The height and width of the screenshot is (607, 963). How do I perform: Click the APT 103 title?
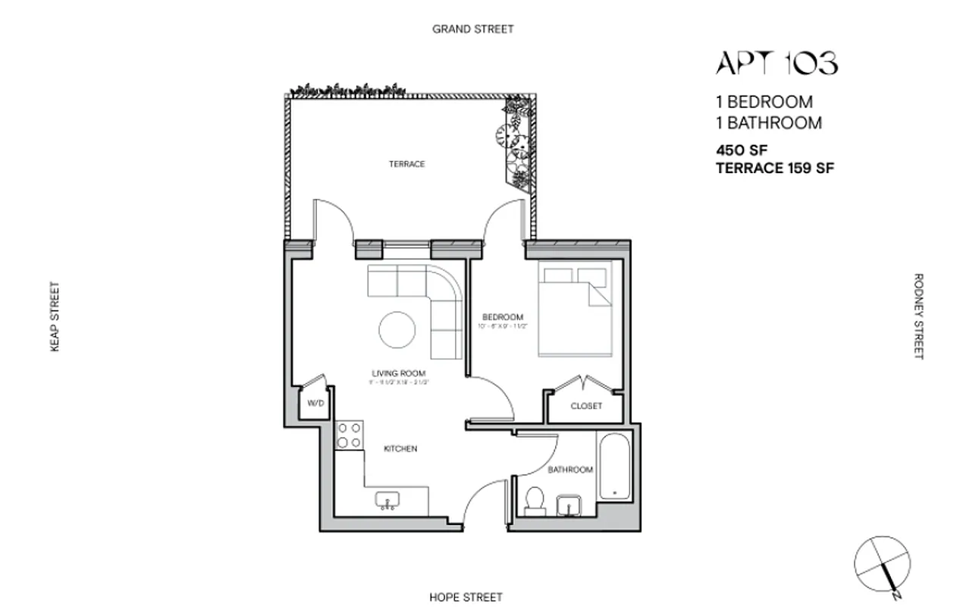776,64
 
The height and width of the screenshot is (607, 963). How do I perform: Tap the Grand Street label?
472,29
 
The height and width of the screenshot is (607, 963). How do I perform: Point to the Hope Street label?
466,597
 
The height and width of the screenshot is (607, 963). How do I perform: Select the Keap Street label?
55,317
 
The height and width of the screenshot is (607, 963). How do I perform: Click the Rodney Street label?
918,316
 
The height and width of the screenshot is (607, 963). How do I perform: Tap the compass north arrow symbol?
882,564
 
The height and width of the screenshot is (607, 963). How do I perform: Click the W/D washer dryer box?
315,404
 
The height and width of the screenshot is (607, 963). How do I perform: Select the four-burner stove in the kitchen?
350,436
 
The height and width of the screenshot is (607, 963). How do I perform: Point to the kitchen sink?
388,501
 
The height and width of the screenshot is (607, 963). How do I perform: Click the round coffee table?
397,331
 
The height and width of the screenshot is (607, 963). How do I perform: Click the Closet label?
586,406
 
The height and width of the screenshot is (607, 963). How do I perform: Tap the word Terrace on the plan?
407,164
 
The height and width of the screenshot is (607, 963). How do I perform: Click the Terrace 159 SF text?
775,169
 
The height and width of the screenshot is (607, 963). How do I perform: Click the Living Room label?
398,373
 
